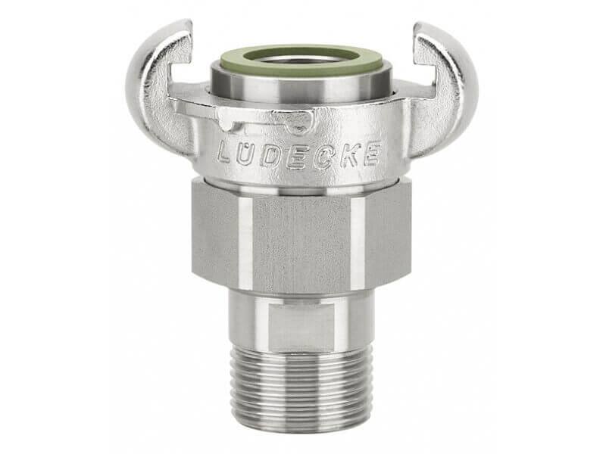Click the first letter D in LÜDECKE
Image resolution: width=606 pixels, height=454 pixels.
tap(270, 157)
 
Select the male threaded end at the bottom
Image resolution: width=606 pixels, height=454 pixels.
tap(301, 386)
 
